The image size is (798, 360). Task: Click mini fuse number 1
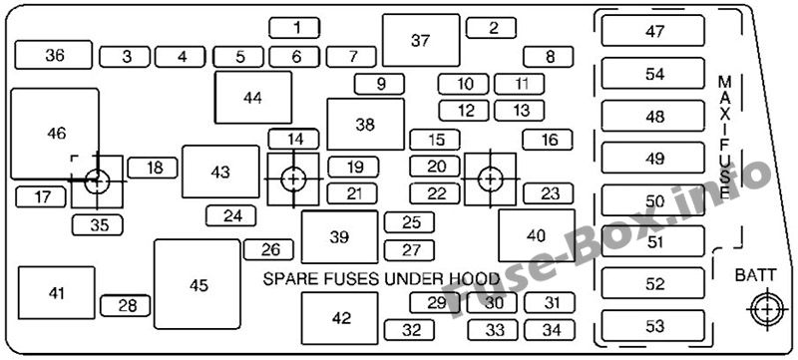coord(294,28)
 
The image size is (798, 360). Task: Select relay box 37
coord(421,40)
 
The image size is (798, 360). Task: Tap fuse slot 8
coord(548,57)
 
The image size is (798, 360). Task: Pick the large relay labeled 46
coord(55,134)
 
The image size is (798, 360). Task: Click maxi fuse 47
coord(653,31)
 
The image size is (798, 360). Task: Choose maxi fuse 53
coord(653,326)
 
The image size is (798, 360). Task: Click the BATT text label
coord(756,275)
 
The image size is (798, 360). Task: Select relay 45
coord(197,284)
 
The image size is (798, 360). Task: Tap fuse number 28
coord(126,306)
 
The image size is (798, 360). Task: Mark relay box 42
coord(340,318)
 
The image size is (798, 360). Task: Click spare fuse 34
coord(550,330)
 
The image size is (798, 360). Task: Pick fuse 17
coord(41,196)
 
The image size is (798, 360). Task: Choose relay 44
coord(253,98)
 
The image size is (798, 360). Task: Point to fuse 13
coord(519,111)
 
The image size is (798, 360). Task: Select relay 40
coord(537,235)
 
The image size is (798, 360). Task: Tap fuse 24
coord(231,216)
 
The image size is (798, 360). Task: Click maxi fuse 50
coord(653,200)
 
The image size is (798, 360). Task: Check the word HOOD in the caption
coord(475,278)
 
